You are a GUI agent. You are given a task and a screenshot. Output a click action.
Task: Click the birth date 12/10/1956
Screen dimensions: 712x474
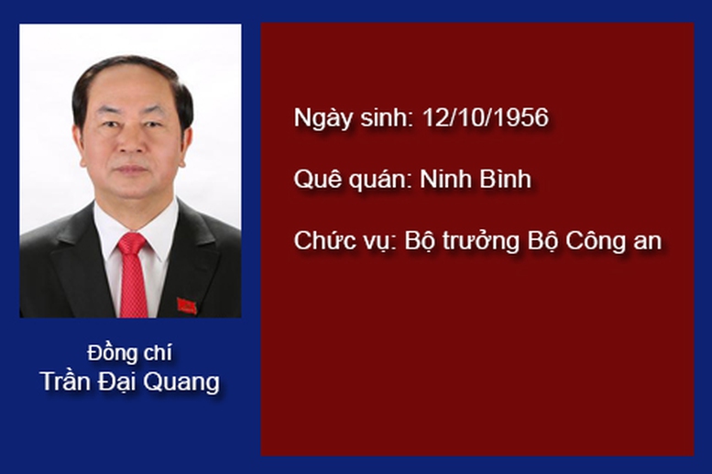pyautogui.click(x=485, y=117)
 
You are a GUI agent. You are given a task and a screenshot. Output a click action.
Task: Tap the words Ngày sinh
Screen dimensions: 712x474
pyautogui.click(x=353, y=118)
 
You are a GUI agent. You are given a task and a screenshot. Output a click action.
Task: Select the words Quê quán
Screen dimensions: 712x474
pyautogui.click(x=353, y=180)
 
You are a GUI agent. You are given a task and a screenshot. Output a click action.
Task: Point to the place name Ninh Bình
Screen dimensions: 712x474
pyautogui.click(x=476, y=178)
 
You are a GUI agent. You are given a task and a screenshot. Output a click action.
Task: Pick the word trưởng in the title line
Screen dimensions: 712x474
pyautogui.click(x=481, y=241)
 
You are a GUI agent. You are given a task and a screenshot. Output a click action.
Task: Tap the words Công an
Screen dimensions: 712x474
pyautogui.click(x=613, y=241)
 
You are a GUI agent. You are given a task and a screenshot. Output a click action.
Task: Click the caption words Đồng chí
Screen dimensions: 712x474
pyautogui.click(x=129, y=353)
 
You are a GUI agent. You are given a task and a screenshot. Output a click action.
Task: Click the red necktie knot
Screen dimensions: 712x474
pyautogui.click(x=132, y=244)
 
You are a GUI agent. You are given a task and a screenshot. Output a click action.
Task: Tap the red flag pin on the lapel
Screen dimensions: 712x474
pyautogui.click(x=187, y=306)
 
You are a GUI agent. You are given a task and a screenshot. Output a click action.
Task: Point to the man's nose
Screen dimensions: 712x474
pyautogui.click(x=131, y=143)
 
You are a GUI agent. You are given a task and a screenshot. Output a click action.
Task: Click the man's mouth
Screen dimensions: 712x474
pyautogui.click(x=132, y=170)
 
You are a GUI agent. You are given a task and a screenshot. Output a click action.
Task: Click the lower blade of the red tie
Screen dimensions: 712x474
pyautogui.click(x=133, y=286)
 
